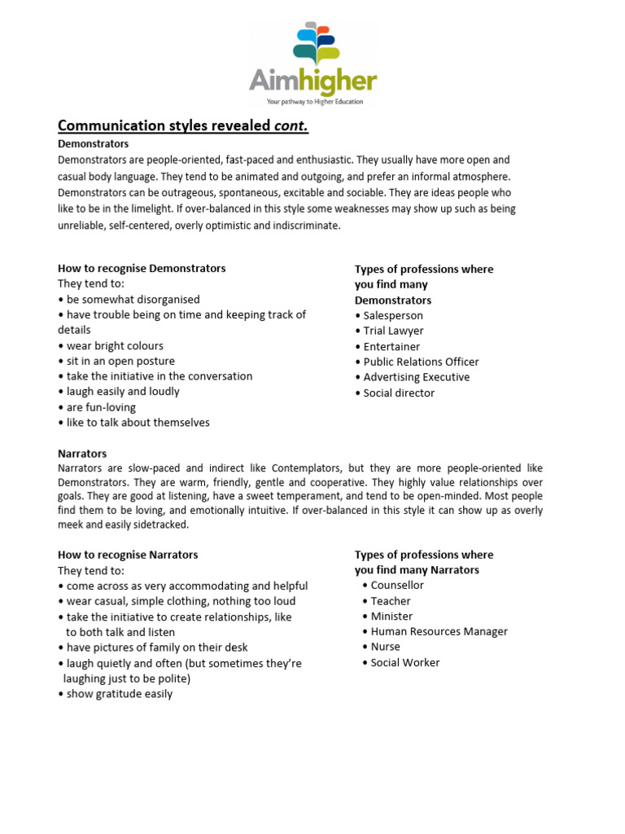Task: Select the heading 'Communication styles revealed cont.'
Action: coord(183,125)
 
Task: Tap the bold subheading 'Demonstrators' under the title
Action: coord(93,143)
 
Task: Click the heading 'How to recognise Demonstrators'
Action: coord(142,268)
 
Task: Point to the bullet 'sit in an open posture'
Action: coord(116,361)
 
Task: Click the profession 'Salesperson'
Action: coord(392,315)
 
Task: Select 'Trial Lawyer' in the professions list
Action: coord(393,331)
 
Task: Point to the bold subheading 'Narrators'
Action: coord(82,453)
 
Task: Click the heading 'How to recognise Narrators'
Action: coord(128,555)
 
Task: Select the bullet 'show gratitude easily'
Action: coord(116,694)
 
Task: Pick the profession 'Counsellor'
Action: coord(397,585)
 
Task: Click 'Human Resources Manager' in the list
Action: coord(439,631)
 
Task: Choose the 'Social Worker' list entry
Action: coord(404,662)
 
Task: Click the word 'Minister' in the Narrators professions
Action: coord(391,616)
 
